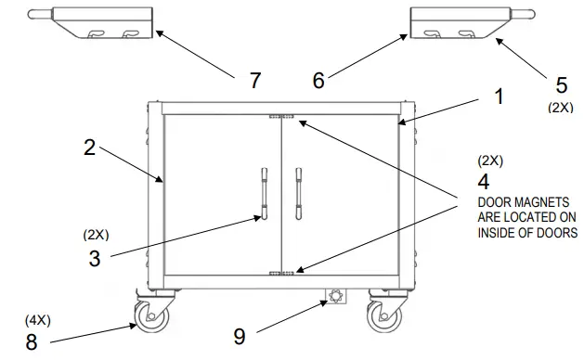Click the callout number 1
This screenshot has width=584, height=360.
click(x=499, y=96)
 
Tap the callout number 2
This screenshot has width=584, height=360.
click(x=90, y=148)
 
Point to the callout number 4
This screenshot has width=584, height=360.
click(x=484, y=182)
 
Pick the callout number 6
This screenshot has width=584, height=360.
click(x=318, y=81)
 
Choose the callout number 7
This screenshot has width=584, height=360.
click(x=255, y=81)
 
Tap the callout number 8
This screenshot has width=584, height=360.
click(x=32, y=341)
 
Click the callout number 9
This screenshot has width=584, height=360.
click(x=240, y=337)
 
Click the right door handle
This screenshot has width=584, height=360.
click(x=298, y=193)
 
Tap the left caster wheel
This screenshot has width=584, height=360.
click(x=149, y=316)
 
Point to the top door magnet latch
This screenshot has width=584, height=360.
click(x=281, y=117)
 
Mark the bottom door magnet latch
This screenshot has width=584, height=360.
click(x=281, y=272)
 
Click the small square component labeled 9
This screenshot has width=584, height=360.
click(x=333, y=297)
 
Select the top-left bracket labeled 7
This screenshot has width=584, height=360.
click(x=102, y=22)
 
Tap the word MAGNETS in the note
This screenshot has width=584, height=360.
click(x=539, y=202)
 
